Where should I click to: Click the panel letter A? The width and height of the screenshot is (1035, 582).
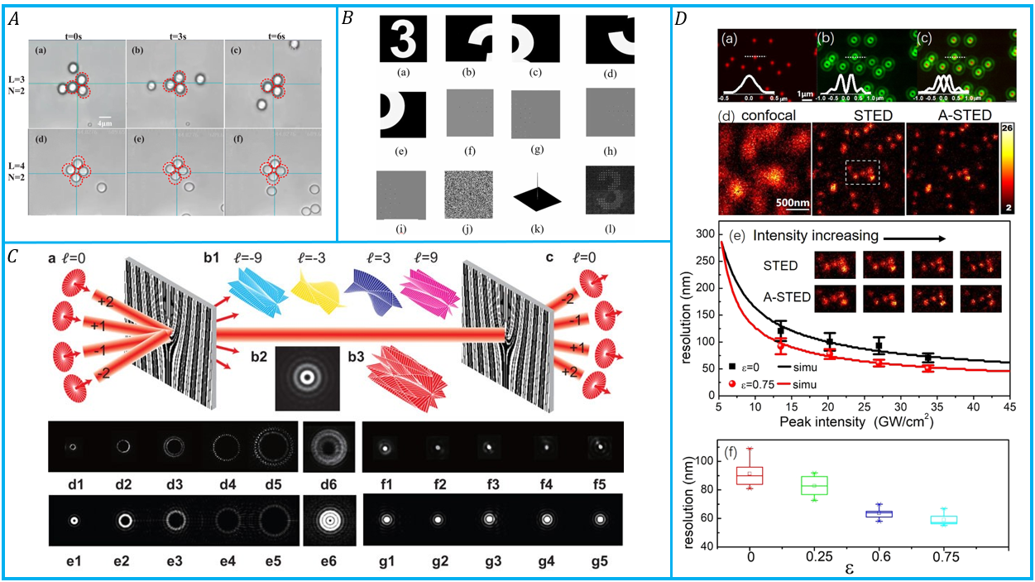coord(12,19)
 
